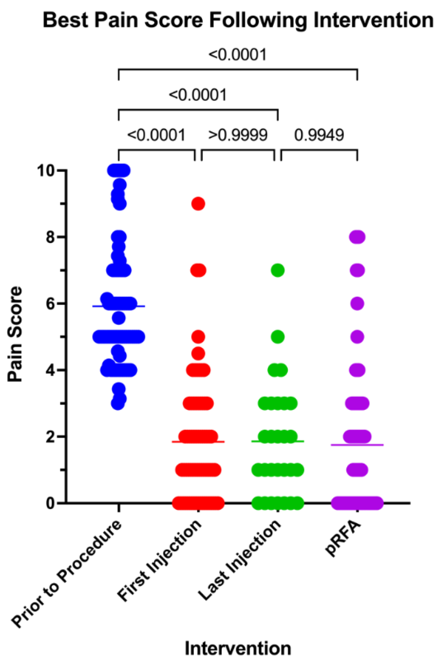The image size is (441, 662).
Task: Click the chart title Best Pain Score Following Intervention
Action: click(x=238, y=21)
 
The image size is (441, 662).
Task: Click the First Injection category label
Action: click(x=159, y=560)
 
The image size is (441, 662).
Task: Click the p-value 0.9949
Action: click(x=319, y=135)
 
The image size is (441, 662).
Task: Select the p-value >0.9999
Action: click(x=238, y=135)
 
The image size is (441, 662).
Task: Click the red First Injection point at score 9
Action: click(x=198, y=204)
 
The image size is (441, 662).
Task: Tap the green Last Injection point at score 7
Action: click(x=278, y=270)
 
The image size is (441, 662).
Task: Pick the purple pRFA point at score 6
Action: click(x=357, y=304)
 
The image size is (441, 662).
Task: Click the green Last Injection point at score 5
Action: click(x=278, y=337)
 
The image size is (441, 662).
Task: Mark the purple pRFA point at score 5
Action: click(x=357, y=337)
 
